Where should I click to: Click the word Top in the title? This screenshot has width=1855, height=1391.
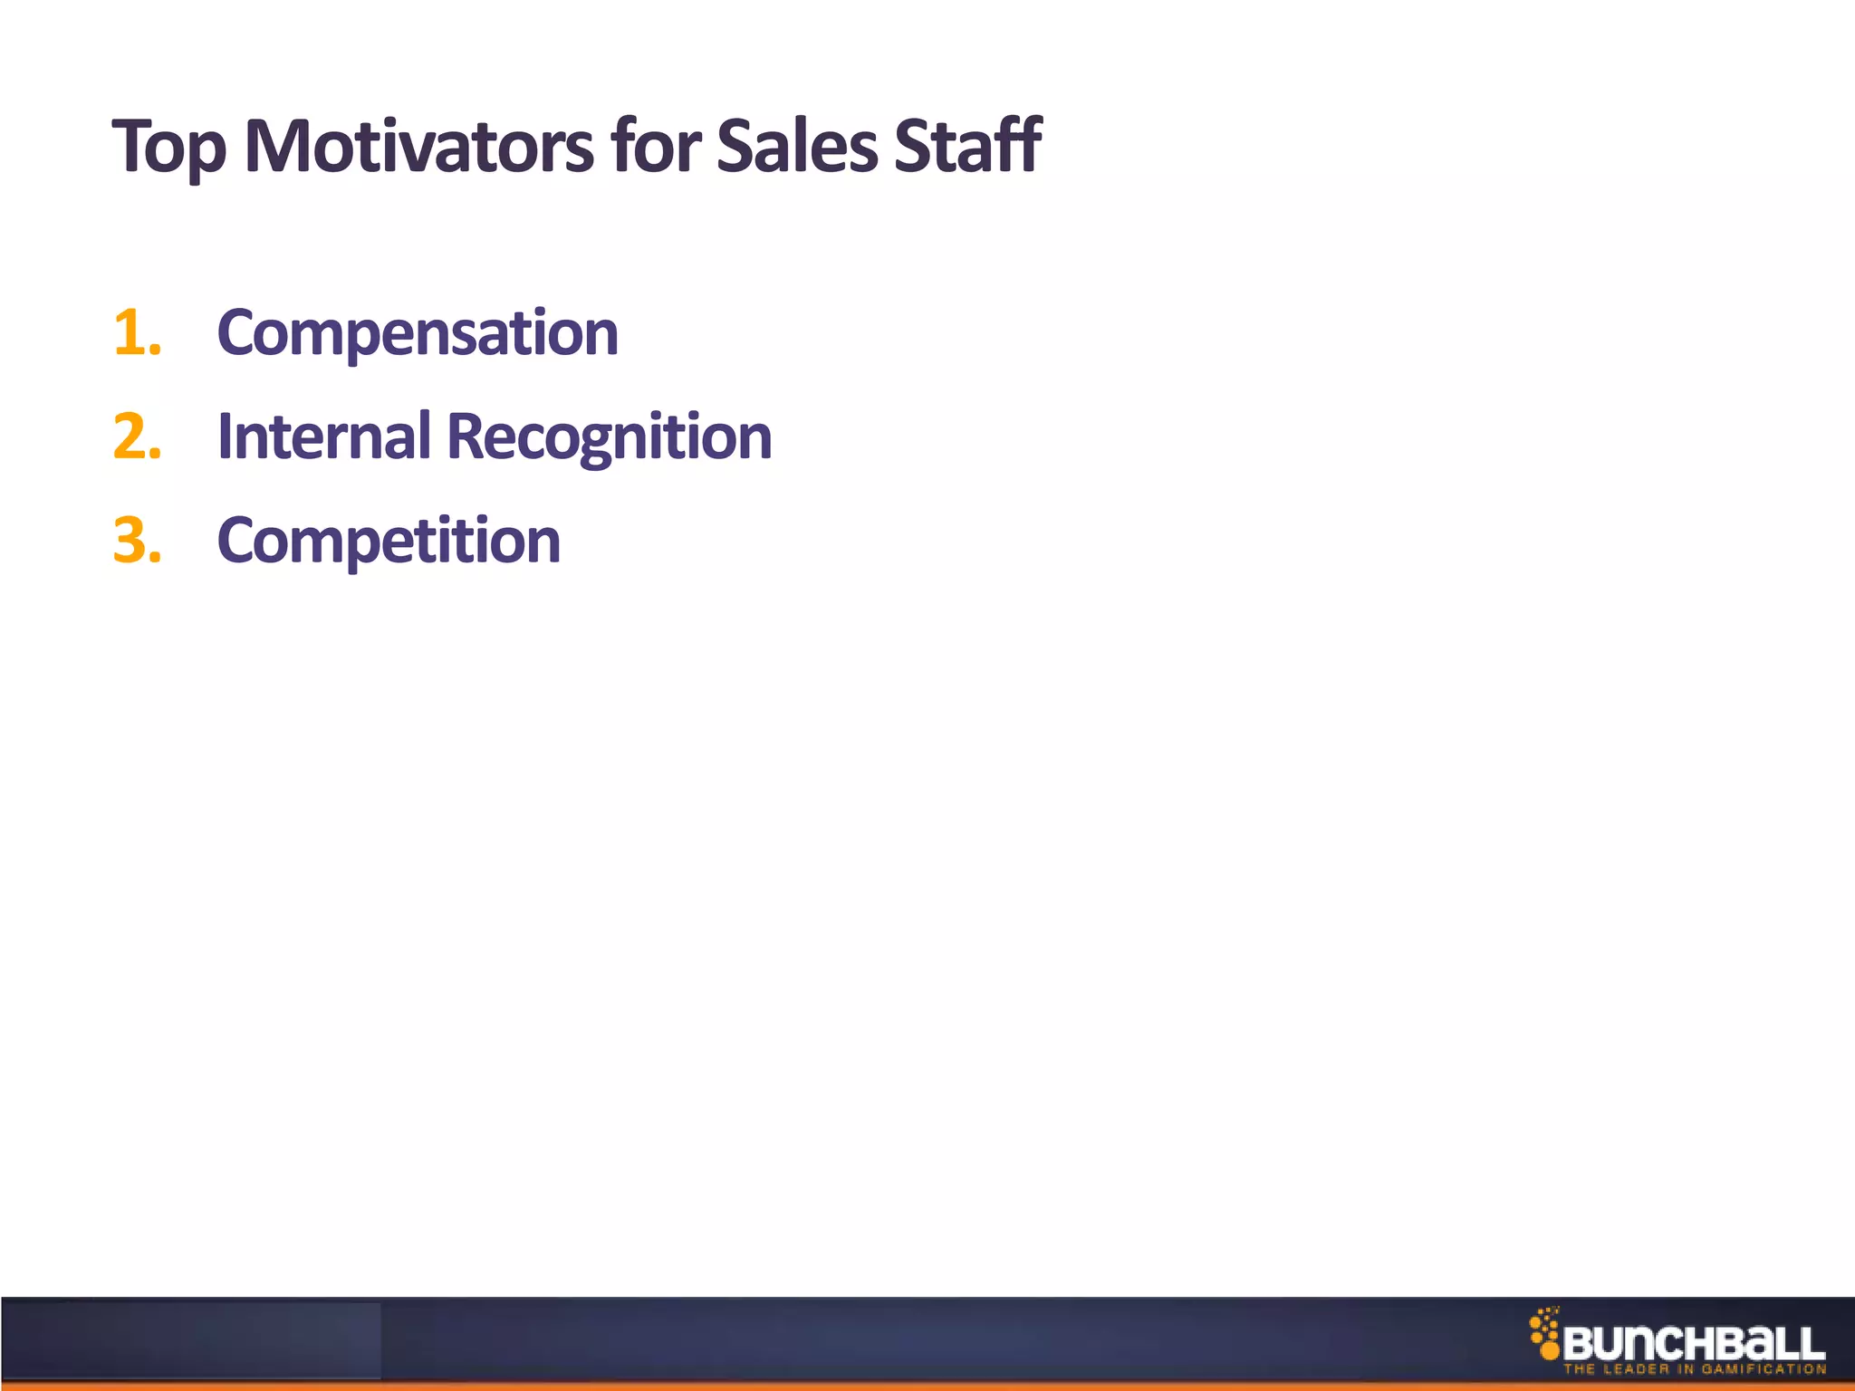tap(168, 147)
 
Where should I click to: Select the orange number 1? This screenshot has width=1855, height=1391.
tap(136, 333)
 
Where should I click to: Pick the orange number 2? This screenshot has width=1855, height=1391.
tap(136, 436)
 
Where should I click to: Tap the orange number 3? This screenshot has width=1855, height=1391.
tap(136, 541)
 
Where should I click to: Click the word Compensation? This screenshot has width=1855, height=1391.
tap(418, 333)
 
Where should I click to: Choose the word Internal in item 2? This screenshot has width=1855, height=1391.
tap(324, 436)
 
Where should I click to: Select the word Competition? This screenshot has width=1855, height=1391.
tap(389, 542)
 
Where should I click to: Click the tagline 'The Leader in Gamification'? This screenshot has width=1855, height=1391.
tap(1694, 1369)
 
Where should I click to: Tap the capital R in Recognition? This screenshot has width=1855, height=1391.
tap(466, 436)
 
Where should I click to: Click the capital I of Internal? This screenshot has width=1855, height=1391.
tap(225, 436)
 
